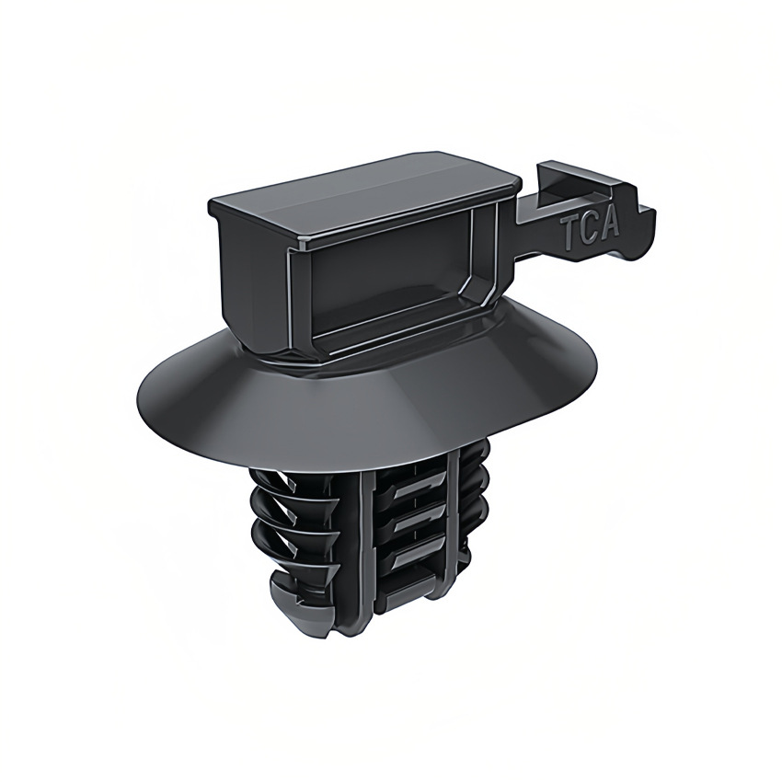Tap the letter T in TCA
click(x=571, y=236)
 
